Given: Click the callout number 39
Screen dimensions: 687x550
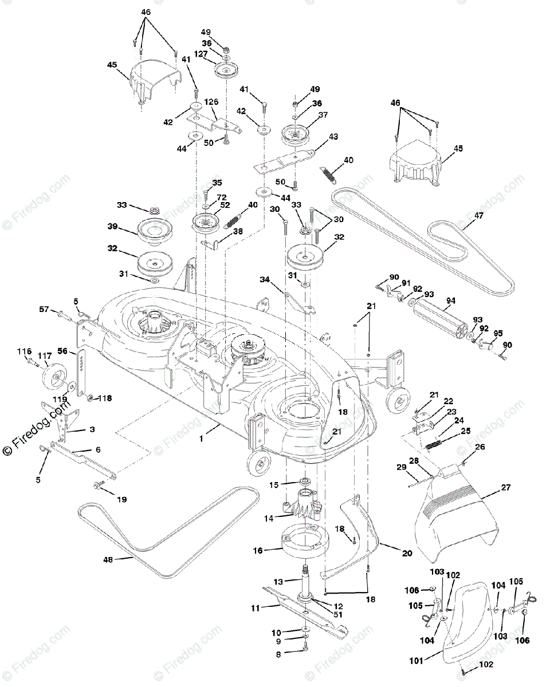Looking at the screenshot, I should pyautogui.click(x=112, y=227).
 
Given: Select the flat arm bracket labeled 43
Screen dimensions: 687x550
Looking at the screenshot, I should pyautogui.click(x=286, y=161).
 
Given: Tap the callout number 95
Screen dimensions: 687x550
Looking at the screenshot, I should pyautogui.click(x=498, y=333).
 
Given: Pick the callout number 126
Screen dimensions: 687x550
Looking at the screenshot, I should pyautogui.click(x=212, y=102).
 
